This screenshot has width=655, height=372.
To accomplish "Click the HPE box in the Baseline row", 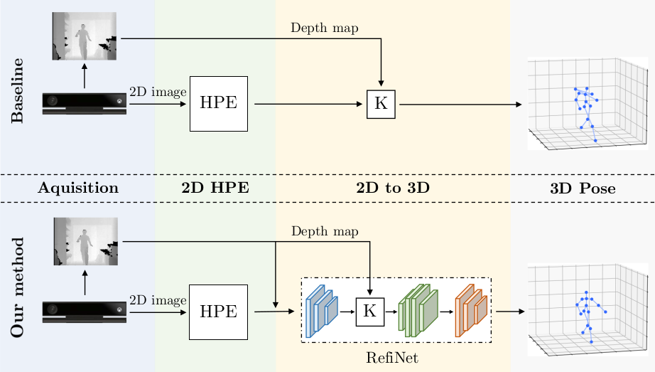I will tap(218, 103).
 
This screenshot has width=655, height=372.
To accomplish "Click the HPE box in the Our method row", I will tap(218, 311).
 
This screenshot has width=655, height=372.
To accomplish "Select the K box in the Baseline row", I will tap(381, 104).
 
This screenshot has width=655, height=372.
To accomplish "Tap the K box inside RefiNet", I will tap(369, 311).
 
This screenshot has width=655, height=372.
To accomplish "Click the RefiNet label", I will tap(393, 358).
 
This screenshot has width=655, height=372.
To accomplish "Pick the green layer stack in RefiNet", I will tap(418, 311).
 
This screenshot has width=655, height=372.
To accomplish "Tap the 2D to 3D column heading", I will tap(392, 188).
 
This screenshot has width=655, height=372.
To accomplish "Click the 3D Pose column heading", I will tap(583, 188).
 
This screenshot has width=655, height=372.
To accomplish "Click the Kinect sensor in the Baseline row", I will tap(84, 103).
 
